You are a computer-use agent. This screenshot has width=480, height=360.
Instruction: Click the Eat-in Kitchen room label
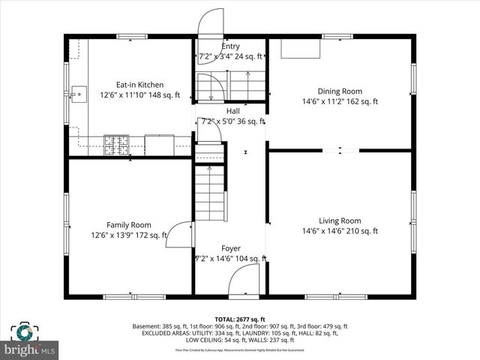pyautogui.click(x=139, y=85)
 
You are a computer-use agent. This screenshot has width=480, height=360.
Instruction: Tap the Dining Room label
pyautogui.click(x=340, y=91)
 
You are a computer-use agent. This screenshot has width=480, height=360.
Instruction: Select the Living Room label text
pyautogui.click(x=340, y=220)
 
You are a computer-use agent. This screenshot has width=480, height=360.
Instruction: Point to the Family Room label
pyautogui.click(x=128, y=225)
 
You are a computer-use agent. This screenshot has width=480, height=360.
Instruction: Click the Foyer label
pyautogui.click(x=231, y=248)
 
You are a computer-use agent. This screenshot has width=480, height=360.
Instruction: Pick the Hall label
pyautogui.click(x=233, y=111)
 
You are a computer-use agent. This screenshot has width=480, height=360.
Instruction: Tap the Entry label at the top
pyautogui.click(x=231, y=46)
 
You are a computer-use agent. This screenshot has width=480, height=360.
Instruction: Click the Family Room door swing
pyautogui.click(x=178, y=235)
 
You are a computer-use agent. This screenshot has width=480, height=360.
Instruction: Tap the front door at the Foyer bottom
pyautogui.click(x=244, y=283)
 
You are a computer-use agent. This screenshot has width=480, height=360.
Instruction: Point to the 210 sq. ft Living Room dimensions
pyautogui.click(x=340, y=232)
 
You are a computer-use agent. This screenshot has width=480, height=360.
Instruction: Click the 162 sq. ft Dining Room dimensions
pyautogui.click(x=340, y=101)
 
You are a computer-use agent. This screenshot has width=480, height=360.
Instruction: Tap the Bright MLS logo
pyautogui.click(x=30, y=349)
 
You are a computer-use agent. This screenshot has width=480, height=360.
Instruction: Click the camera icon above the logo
pyautogui.click(x=24, y=332)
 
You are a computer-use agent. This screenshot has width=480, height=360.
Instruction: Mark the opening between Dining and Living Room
pyautogui.click(x=347, y=150)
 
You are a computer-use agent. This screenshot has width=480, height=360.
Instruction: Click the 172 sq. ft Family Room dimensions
pyautogui.click(x=128, y=235)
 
